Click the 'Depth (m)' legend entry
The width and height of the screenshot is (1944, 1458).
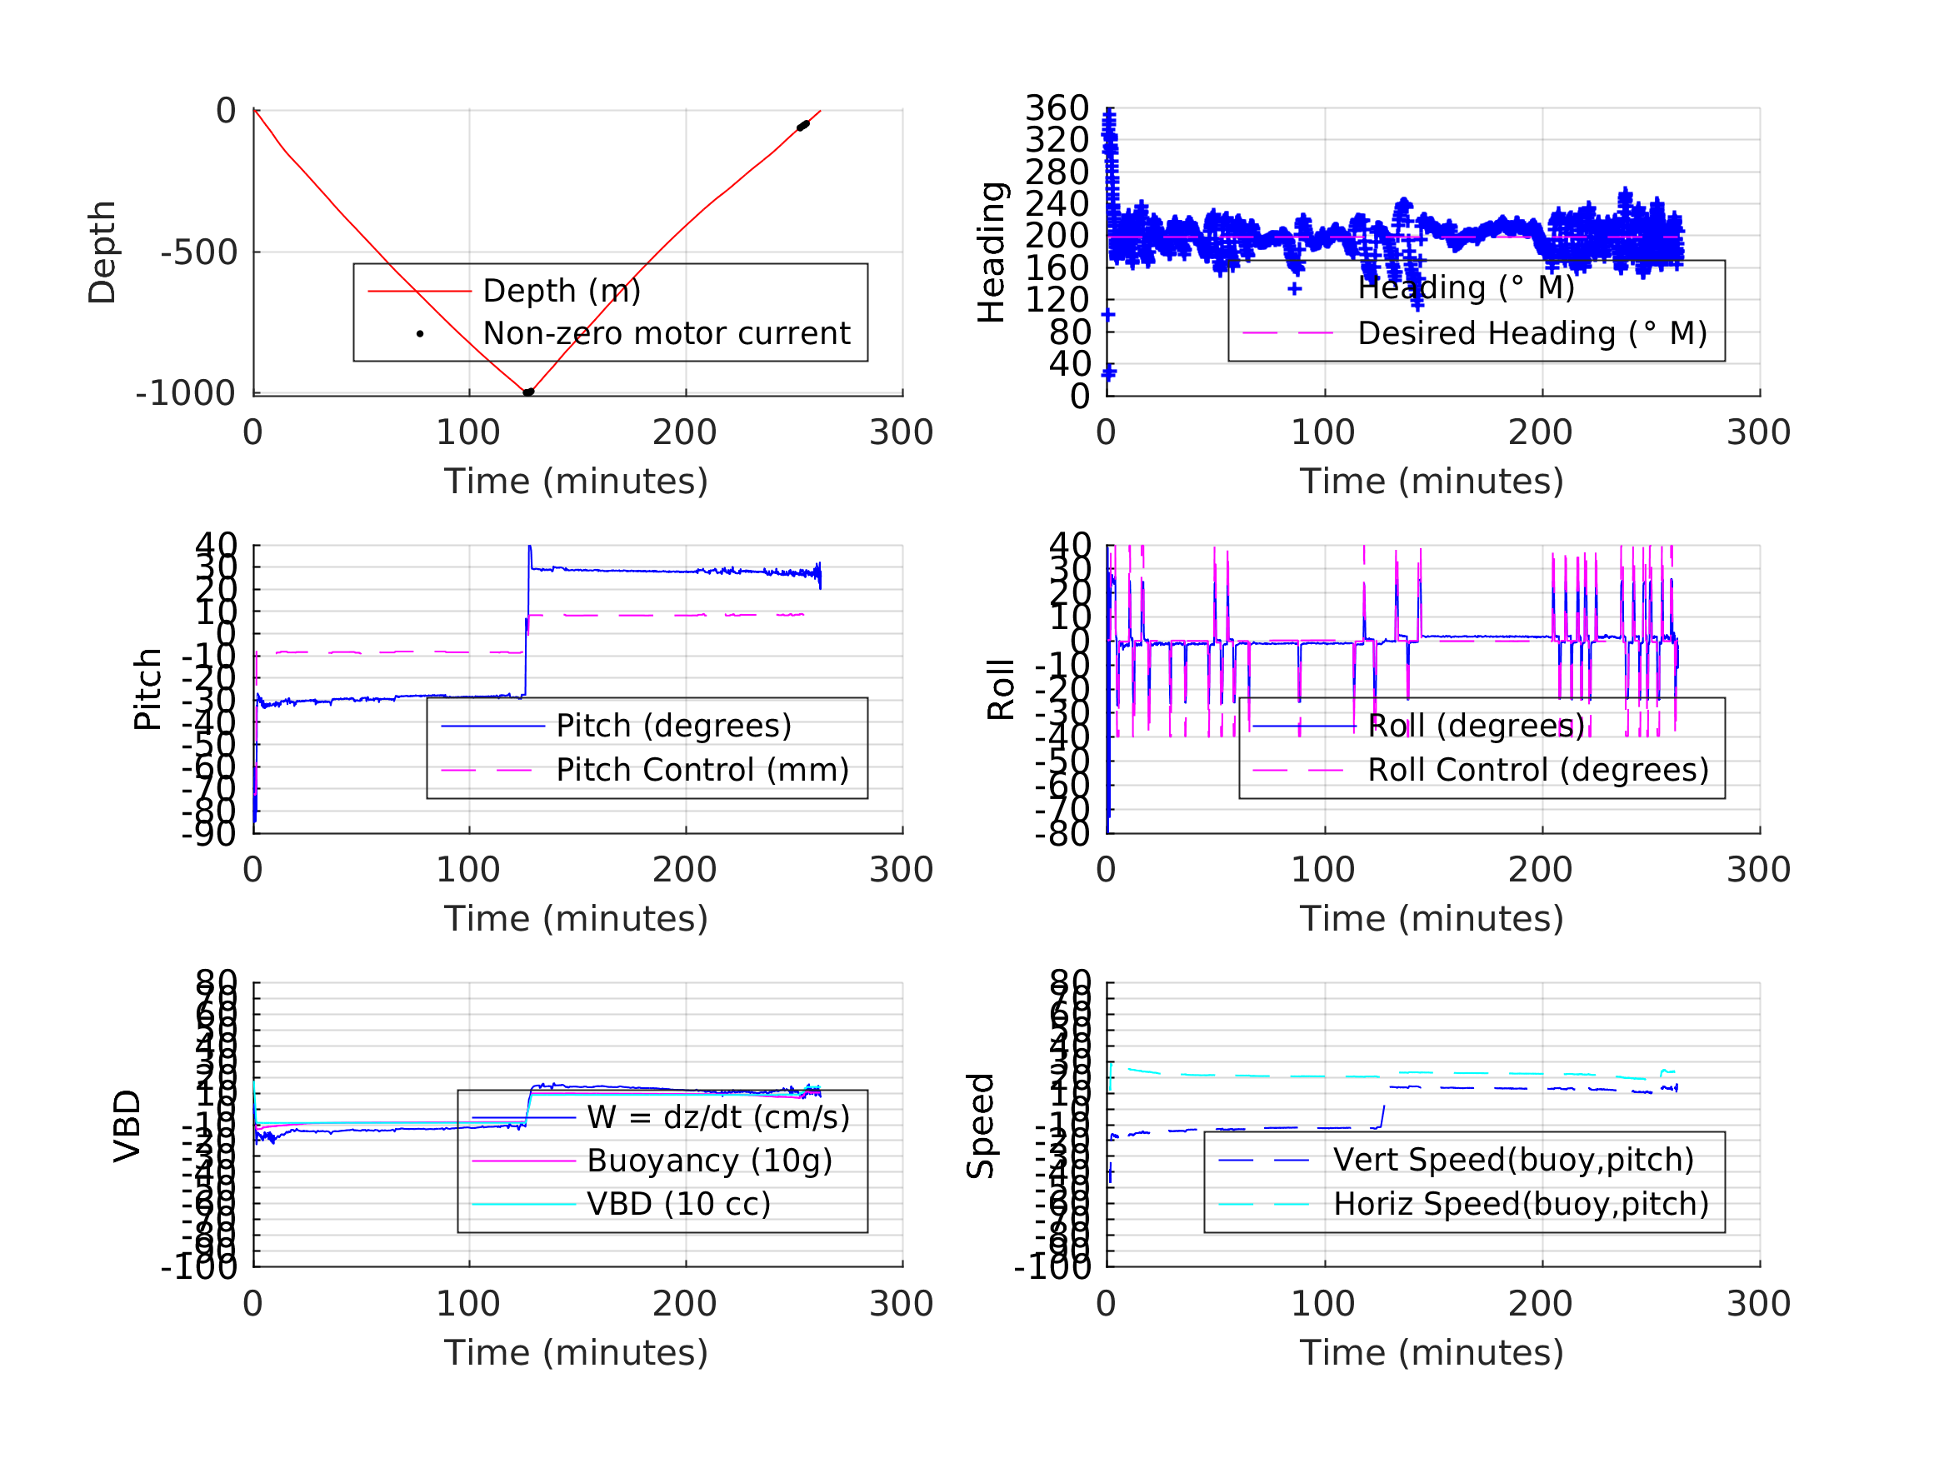pyautogui.click(x=561, y=291)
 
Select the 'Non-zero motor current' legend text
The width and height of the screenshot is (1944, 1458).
pyautogui.click(x=666, y=334)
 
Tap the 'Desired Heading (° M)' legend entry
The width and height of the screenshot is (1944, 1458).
pyautogui.click(x=1532, y=334)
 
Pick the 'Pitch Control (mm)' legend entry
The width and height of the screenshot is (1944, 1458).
pyautogui.click(x=702, y=770)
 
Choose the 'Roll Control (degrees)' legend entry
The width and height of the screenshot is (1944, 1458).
pyautogui.click(x=1538, y=770)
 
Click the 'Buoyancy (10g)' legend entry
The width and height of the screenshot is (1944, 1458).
pyautogui.click(x=709, y=1161)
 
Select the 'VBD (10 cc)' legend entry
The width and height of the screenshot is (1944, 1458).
pyautogui.click(x=678, y=1204)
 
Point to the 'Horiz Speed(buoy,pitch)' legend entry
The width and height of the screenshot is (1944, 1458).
pyautogui.click(x=1521, y=1204)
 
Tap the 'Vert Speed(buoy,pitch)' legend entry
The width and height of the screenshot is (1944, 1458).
pyautogui.click(x=1512, y=1160)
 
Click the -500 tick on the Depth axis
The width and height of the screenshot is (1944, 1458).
pyautogui.click(x=199, y=253)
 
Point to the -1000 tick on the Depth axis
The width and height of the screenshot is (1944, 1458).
pyautogui.click(x=187, y=394)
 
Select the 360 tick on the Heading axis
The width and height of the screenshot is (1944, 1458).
pyautogui.click(x=1057, y=108)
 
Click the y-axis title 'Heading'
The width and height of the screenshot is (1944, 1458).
pyautogui.click(x=992, y=252)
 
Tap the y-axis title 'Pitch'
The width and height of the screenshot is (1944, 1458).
pyautogui.click(x=147, y=689)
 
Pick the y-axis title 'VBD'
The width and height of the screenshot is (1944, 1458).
pyautogui.click(x=127, y=1126)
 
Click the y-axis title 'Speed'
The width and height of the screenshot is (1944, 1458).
pyautogui.click(x=980, y=1126)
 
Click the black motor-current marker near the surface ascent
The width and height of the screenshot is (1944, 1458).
pyautogui.click(x=802, y=127)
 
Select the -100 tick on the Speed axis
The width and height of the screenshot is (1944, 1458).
pyautogui.click(x=1052, y=1267)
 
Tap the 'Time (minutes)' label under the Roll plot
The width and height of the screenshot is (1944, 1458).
pyautogui.click(x=1432, y=918)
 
